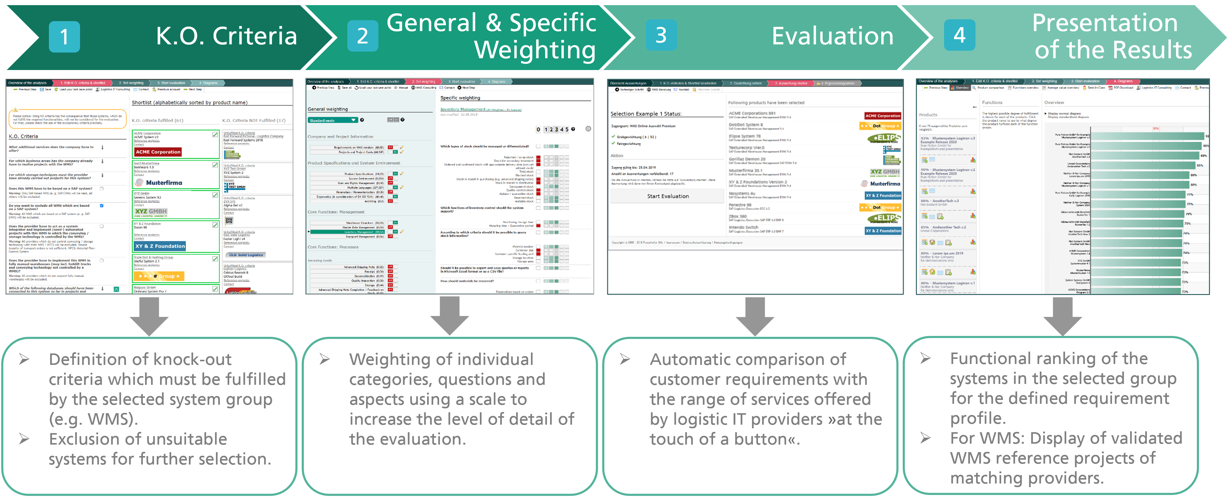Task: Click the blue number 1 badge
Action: (x=64, y=36)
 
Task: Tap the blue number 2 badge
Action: (x=362, y=36)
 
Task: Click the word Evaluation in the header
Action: (x=832, y=36)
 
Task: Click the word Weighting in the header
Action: (x=535, y=50)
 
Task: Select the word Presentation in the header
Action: (x=1104, y=23)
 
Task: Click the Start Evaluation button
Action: (x=667, y=196)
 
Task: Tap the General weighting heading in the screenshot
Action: (x=327, y=109)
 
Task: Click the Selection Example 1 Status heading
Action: (x=646, y=114)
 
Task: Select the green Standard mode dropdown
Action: (x=333, y=120)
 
